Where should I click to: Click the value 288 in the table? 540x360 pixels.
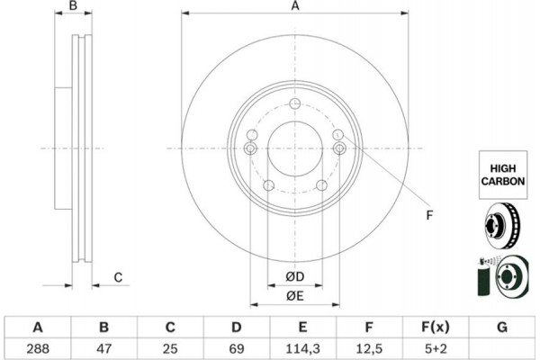pos(38,349)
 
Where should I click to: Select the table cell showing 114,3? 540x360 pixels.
pos(302,349)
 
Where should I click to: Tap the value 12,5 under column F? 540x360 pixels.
pos(369,349)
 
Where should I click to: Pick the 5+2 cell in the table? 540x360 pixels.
pos(436,349)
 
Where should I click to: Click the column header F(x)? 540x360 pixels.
pos(436,327)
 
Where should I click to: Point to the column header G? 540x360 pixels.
pos(502,327)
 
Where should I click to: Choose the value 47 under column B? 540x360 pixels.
pos(104,349)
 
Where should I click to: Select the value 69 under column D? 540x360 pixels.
pos(237,349)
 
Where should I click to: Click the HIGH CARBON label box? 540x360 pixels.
pos(503,175)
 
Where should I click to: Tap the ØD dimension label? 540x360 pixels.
pos(295,276)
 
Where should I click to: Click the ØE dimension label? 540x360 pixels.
pos(295,296)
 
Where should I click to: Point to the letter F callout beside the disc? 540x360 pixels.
pos(429,215)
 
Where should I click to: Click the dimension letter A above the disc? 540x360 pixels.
pos(295,6)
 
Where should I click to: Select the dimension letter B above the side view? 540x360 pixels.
pos(73,6)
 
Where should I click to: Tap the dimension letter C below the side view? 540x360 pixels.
pos(118,277)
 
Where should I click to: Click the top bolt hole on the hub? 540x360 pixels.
pos(295,103)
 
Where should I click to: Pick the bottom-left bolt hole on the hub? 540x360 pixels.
pos(268,185)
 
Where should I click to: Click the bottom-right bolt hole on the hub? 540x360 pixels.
pos(321,185)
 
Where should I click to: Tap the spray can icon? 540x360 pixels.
pos(484,276)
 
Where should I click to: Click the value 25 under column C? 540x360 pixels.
pos(170,349)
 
